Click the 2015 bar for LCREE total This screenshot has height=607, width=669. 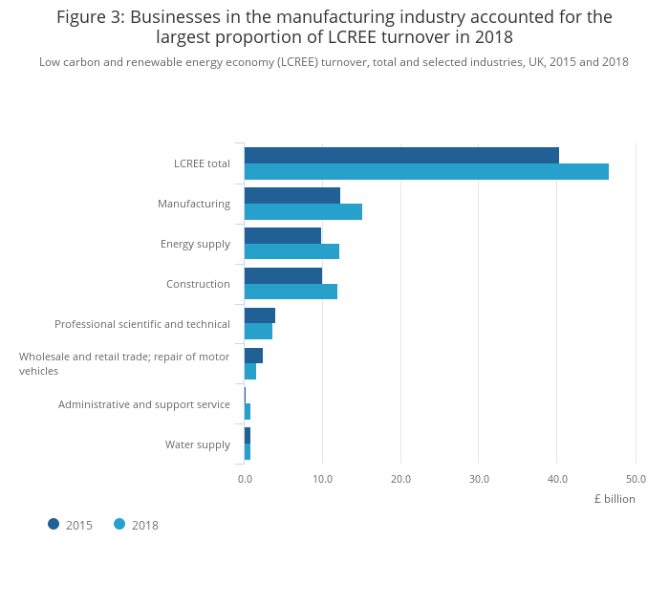pos(401,155)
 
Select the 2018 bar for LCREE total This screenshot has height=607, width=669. pos(426,172)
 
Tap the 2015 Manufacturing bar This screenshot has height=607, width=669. pos(292,195)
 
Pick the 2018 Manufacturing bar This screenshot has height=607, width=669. pos(303,212)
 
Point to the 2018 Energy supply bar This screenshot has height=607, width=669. pos(291,251)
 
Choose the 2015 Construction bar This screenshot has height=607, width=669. pos(283,275)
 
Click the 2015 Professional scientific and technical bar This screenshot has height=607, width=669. pos(260,315)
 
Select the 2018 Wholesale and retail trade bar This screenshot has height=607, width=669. pos(250,372)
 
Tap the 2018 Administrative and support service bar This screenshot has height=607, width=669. pos(248,412)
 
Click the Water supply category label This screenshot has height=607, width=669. pos(198,444)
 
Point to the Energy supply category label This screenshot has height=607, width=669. pos(195,244)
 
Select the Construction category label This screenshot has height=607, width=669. pos(198,284)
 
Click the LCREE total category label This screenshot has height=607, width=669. pos(202,163)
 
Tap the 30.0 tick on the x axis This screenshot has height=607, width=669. pos(479,479)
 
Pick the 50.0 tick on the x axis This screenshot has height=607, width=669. pos(636,479)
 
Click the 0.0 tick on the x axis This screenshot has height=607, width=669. pos(245,479)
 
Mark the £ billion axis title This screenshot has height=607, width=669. pos(614,499)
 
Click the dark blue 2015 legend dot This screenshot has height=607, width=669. pos(54,524)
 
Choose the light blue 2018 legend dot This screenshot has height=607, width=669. pos(119,524)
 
